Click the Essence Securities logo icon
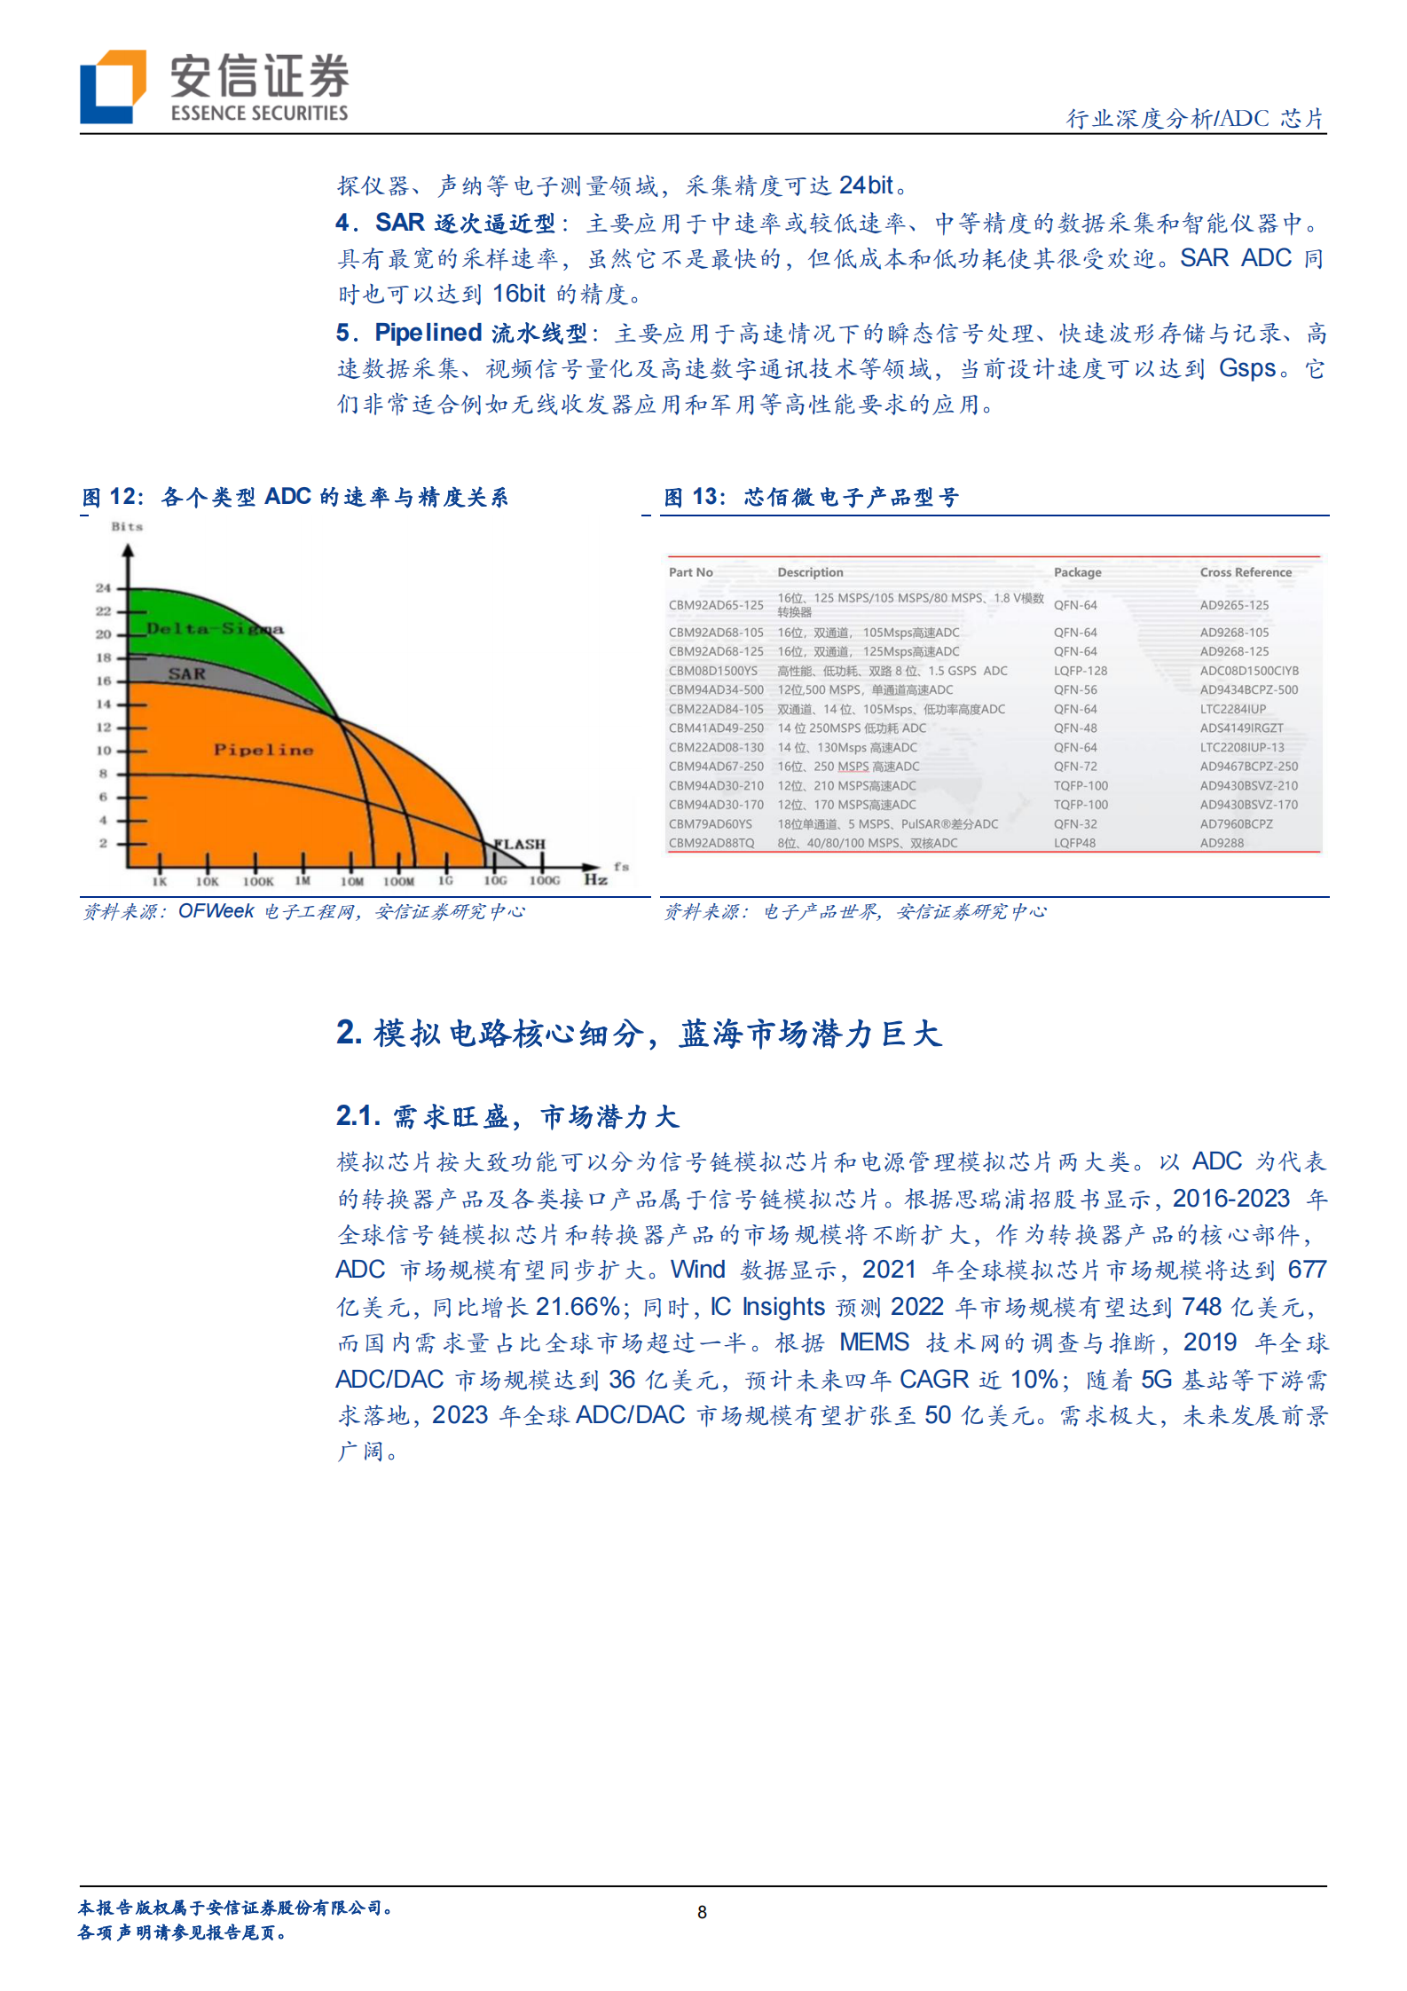(x=113, y=86)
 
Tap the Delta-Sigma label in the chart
(x=214, y=629)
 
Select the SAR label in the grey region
(x=186, y=674)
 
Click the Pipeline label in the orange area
(x=263, y=750)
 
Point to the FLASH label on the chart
(x=520, y=844)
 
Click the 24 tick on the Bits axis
(x=104, y=588)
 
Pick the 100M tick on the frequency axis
(x=398, y=881)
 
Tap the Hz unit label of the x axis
(x=595, y=879)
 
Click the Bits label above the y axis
(x=127, y=526)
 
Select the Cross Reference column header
(x=1246, y=572)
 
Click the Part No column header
(x=691, y=572)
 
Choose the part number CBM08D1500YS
(x=713, y=671)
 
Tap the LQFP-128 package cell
(x=1081, y=671)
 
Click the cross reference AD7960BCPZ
(x=1236, y=824)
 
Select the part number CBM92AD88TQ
(x=711, y=843)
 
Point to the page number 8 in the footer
(x=703, y=1912)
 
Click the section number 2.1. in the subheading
(x=358, y=1116)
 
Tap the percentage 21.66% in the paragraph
(x=578, y=1307)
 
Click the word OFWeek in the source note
(x=216, y=911)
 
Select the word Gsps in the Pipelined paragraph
(x=1247, y=368)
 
